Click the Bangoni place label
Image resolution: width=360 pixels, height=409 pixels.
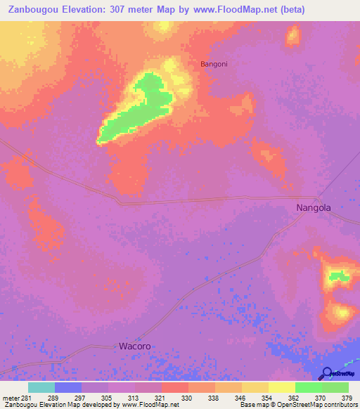tap(214, 63)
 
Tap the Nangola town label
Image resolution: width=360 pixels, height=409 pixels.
tap(313, 208)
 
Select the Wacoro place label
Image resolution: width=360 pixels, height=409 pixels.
tap(134, 346)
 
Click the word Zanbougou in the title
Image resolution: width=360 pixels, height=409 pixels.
tap(35, 10)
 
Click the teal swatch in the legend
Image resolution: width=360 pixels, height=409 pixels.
tap(41, 387)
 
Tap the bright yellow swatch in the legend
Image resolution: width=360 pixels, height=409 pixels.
tap(282, 387)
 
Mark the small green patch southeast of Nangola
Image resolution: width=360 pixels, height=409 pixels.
tap(339, 275)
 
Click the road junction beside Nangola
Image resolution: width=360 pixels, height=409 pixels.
tap(317, 197)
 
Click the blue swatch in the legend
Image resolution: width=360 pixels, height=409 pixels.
tap(68, 387)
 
